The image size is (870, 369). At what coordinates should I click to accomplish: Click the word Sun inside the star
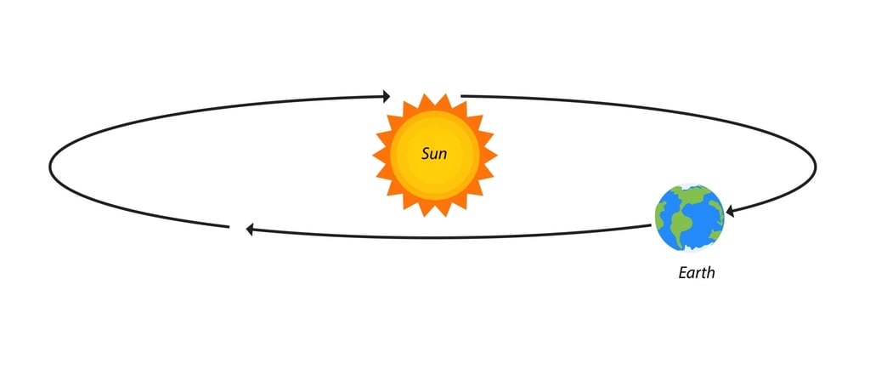pyautogui.click(x=434, y=156)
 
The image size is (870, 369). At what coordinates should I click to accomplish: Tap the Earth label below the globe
pyautogui.click(x=697, y=274)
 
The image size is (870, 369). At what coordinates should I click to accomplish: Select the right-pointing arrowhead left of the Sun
pyautogui.click(x=387, y=95)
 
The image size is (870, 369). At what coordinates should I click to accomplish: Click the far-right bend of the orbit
pyautogui.click(x=816, y=167)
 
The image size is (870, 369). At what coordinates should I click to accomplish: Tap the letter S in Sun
pyautogui.click(x=426, y=156)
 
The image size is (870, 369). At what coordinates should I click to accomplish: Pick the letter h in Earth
pyautogui.click(x=711, y=274)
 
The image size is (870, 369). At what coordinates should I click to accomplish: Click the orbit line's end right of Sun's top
pyautogui.click(x=461, y=96)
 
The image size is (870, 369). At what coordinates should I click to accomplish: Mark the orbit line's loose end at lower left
pyautogui.click(x=229, y=226)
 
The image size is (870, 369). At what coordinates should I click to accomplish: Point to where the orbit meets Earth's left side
pyautogui.click(x=654, y=225)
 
